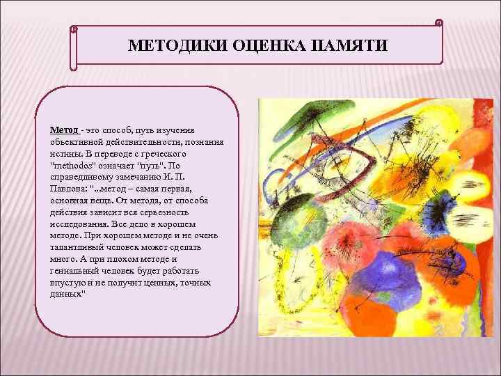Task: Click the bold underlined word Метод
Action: click(x=64, y=130)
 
